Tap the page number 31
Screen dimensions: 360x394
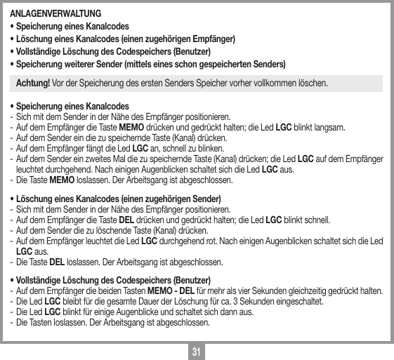[196, 349]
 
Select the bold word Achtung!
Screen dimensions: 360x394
[33, 84]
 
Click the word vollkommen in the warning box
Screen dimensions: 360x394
[277, 84]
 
